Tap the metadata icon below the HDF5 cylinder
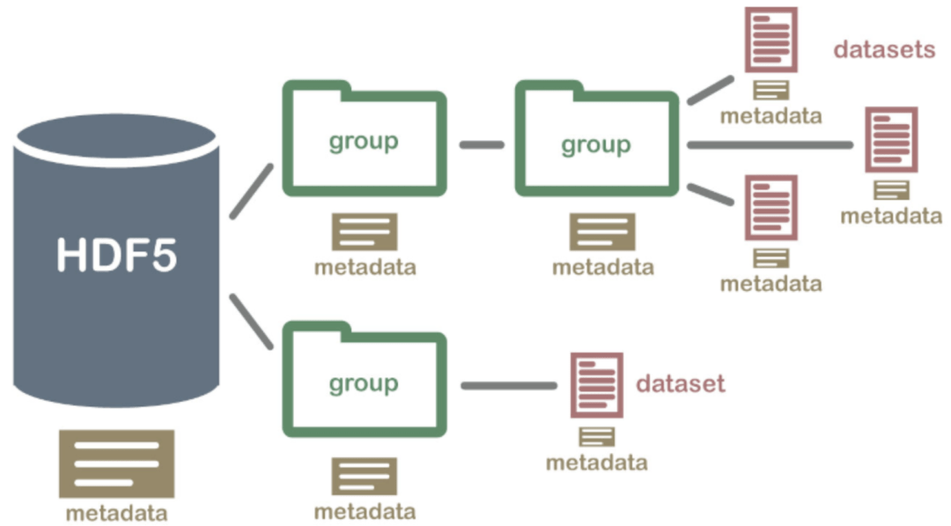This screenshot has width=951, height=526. tap(117, 464)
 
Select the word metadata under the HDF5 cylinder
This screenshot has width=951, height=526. tap(117, 513)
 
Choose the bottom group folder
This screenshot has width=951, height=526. tap(364, 383)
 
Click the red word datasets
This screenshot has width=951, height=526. tap(884, 49)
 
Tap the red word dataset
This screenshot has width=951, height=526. tap(681, 383)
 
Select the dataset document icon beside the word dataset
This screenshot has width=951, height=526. tap(596, 385)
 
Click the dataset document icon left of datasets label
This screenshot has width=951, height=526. tap(771, 40)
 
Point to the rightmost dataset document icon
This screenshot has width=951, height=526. tap(891, 139)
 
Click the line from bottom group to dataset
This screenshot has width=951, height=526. tap(509, 385)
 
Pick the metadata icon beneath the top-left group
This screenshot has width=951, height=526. tap(364, 232)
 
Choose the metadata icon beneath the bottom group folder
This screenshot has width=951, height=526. tap(364, 476)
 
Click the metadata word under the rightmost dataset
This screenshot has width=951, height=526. tap(891, 216)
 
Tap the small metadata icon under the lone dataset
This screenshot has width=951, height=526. tap(596, 436)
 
